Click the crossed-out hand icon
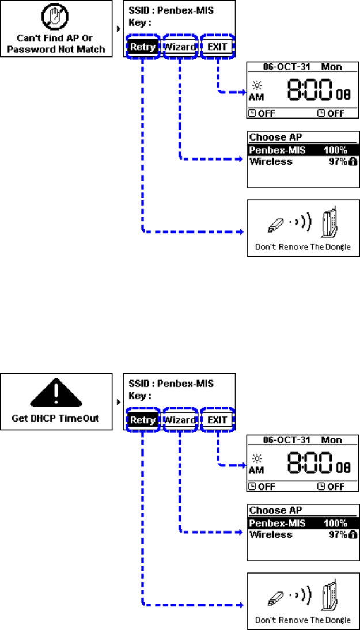click(x=55, y=18)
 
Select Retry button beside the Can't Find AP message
click(x=142, y=47)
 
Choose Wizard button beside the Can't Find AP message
click(x=180, y=47)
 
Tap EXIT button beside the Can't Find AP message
click(x=217, y=47)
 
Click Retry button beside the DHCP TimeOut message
click(x=142, y=420)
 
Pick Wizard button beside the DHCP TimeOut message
click(x=180, y=420)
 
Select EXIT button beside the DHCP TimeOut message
click(x=217, y=420)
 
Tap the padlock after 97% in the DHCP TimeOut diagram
click(x=353, y=535)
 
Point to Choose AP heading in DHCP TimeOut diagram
click(x=275, y=510)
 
